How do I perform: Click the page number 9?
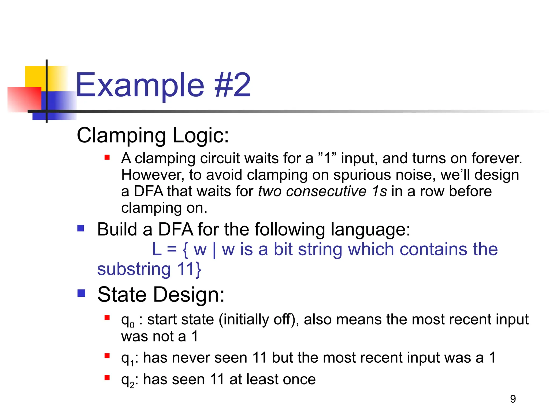(513, 399)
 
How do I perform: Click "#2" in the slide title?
(232, 85)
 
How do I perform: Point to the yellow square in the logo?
(35, 76)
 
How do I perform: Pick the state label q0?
(127, 320)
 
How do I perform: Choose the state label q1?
(127, 359)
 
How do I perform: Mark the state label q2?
(127, 380)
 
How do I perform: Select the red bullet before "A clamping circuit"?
(107, 157)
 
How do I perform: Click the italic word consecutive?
(326, 192)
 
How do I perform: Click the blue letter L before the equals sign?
(157, 249)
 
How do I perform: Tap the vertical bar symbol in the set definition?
(214, 250)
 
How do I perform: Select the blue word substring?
(134, 270)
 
